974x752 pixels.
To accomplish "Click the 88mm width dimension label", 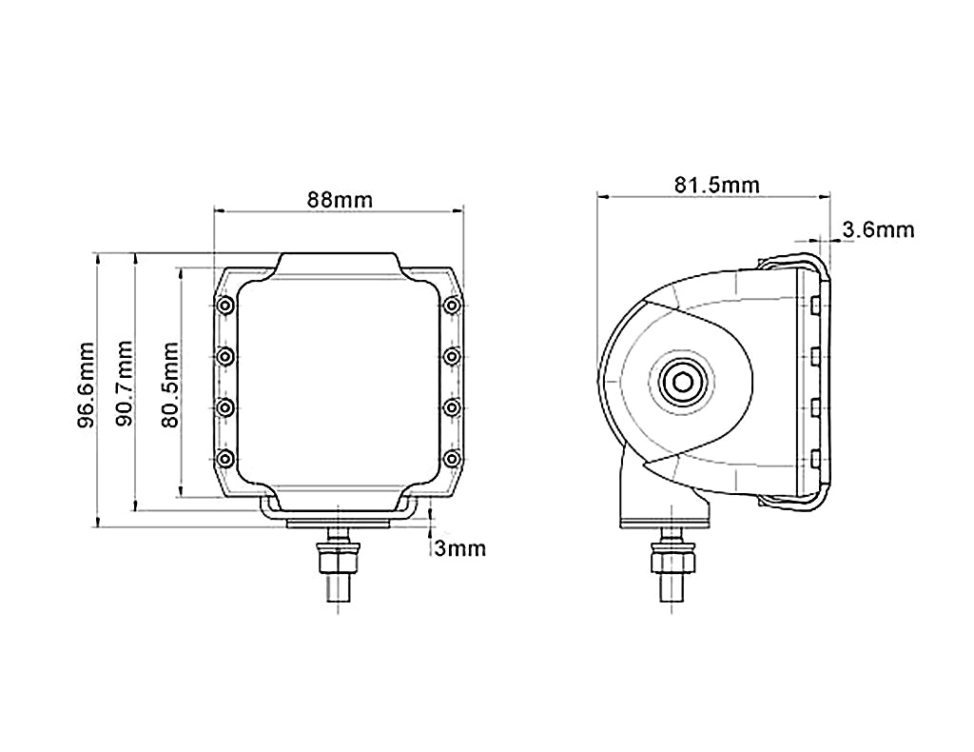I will pos(339,199).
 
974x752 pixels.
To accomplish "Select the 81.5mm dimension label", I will pos(717,184).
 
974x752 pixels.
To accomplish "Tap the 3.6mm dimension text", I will pos(878,229).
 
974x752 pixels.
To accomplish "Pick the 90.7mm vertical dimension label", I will pos(124,382).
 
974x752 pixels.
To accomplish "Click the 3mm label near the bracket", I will pos(460,548).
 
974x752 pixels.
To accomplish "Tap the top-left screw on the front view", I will pos(225,306).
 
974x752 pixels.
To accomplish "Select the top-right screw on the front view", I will pos(452,306).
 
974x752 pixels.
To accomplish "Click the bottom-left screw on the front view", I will pos(225,459).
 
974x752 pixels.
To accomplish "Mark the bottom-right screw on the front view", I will pos(452,459).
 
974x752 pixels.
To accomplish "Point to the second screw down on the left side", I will pos(225,356).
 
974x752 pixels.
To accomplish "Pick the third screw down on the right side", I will pos(452,407).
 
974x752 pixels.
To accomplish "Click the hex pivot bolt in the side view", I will pos(678,383).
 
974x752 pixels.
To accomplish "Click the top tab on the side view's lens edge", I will pos(816,305).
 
